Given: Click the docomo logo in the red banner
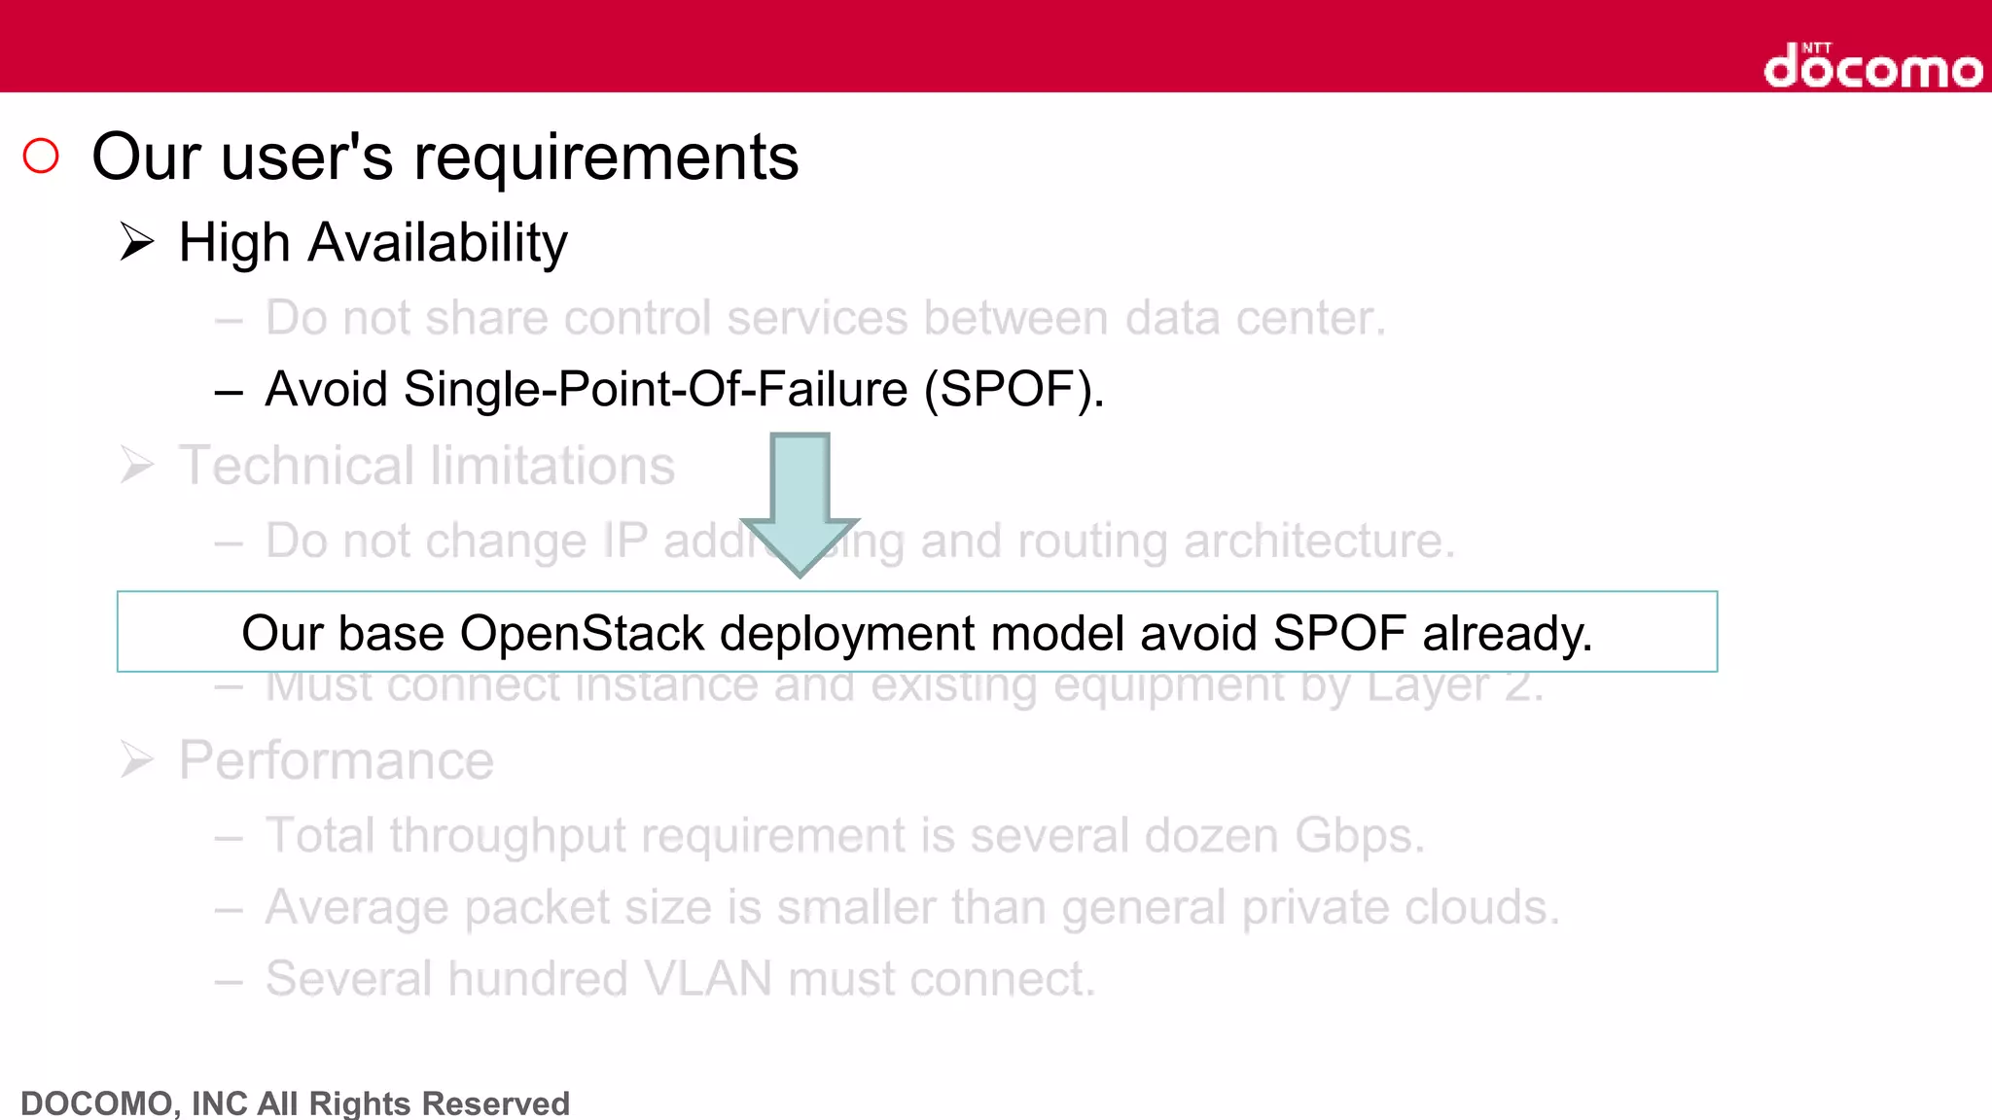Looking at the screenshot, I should point(1872,66).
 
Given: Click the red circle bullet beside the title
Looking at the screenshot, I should point(41,156).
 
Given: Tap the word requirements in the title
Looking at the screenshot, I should point(605,157).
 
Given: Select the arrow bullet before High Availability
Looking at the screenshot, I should point(137,241).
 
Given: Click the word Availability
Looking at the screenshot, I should point(438,242).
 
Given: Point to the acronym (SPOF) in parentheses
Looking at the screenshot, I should point(1014,390).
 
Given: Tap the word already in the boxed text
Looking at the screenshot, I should point(1507,633).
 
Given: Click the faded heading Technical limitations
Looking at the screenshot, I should point(426,466).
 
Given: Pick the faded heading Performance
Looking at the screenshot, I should point(336,760).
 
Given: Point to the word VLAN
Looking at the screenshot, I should point(708,978).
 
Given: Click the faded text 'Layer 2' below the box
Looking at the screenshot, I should point(1455,687).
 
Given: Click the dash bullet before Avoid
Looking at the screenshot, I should point(229,392).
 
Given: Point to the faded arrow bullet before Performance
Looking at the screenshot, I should point(137,759).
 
